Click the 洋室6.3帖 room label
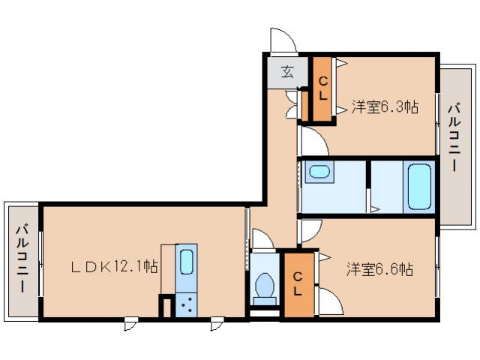coord(384,107)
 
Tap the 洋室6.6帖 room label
coord(379,268)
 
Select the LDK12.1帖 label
coord(114,266)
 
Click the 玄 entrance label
coord(287,72)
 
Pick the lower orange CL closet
coord(297,283)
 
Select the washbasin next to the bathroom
coord(320,172)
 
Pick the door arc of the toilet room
coord(262,239)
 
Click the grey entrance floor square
coord(286,73)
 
